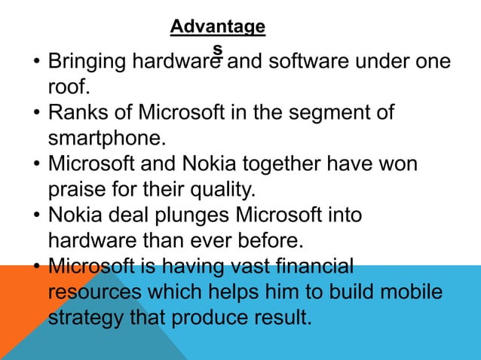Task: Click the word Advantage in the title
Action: pos(217,27)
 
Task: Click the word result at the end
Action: pos(278,317)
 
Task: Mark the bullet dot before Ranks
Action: pos(35,114)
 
